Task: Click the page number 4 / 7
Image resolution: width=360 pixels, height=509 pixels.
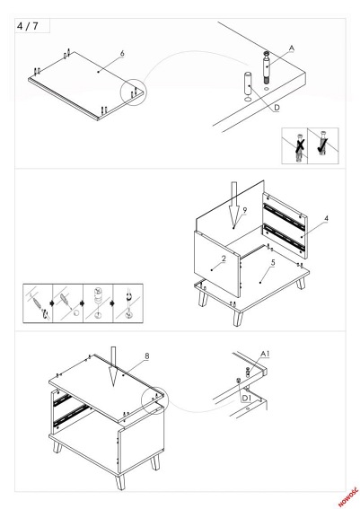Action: click(27, 26)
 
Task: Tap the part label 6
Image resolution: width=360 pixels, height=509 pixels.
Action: click(122, 53)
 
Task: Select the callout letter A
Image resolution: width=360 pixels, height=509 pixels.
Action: click(292, 48)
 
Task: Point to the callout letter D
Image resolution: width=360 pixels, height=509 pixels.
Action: click(277, 108)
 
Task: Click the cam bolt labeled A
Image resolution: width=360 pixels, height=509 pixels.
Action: click(267, 67)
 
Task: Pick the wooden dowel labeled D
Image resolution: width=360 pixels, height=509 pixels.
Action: click(248, 84)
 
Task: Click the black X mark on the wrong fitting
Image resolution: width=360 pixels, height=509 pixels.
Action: click(300, 145)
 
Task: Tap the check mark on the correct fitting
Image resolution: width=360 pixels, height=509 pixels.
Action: click(322, 145)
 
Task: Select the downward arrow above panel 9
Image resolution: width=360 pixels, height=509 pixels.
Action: click(233, 204)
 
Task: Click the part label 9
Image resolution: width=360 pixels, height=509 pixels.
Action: click(245, 210)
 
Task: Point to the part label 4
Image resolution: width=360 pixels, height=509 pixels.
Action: click(326, 218)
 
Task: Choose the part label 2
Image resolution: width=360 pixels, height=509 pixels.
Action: click(224, 259)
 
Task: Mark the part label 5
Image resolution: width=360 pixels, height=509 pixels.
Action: click(273, 263)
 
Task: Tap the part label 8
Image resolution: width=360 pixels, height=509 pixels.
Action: click(147, 356)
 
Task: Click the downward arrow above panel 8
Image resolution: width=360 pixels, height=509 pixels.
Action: click(113, 367)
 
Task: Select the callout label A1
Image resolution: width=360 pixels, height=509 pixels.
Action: click(265, 354)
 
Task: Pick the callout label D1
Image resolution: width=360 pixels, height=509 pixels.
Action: click(247, 398)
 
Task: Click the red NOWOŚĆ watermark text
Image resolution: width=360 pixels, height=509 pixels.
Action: click(348, 496)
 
